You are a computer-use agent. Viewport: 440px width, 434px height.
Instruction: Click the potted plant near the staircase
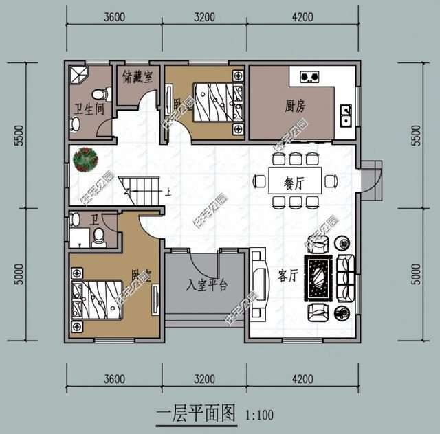pos(86,159)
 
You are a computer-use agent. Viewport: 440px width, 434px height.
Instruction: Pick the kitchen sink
pos(346,115)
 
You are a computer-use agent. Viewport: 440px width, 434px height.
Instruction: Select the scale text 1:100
pos(259,415)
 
